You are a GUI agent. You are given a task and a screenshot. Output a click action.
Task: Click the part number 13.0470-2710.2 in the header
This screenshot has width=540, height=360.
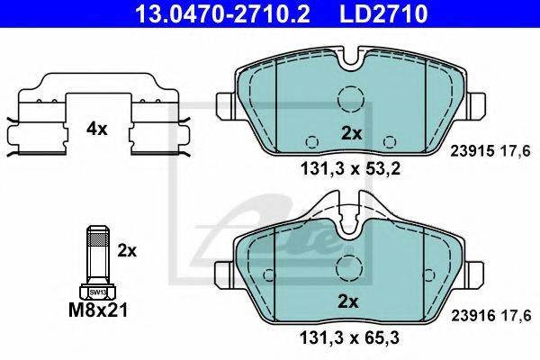coord(223,13)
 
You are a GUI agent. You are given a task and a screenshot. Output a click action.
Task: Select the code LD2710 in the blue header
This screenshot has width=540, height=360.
coord(383,13)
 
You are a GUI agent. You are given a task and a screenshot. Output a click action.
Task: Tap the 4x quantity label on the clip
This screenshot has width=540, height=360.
coord(97,130)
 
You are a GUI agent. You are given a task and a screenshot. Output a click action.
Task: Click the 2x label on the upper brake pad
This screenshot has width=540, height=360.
coord(351,133)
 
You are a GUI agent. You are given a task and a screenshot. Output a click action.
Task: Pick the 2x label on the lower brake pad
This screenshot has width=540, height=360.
coord(348,301)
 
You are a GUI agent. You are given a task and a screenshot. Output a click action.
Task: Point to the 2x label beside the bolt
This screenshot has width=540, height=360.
coord(127,251)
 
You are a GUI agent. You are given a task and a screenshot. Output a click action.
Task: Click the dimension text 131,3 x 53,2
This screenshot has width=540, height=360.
coord(351,169)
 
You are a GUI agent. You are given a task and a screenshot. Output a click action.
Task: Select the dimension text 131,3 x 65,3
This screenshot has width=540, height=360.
coord(350,337)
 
